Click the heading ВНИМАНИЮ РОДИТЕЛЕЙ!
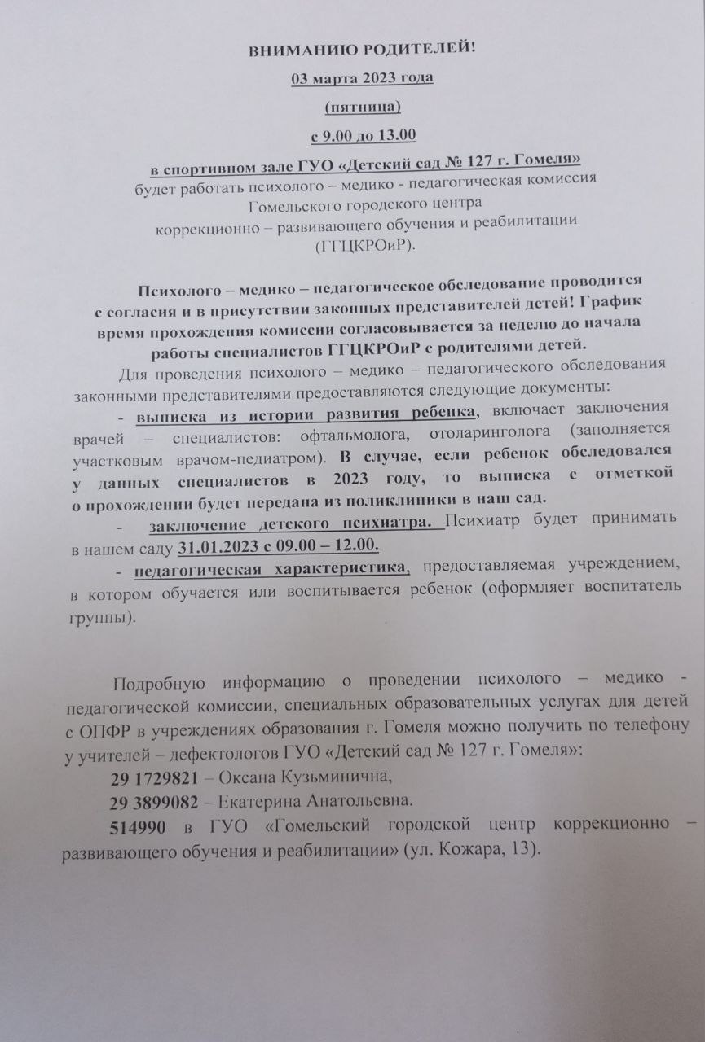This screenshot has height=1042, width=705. (361, 50)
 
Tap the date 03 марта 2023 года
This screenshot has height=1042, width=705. (363, 78)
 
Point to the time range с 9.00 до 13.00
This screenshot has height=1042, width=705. (363, 134)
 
